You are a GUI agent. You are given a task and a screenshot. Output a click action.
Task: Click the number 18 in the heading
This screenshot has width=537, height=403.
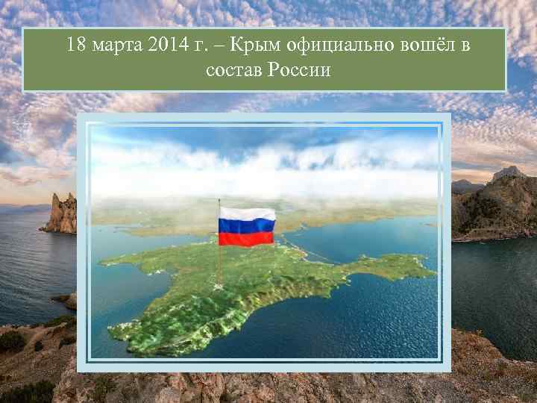pyautogui.click(x=75, y=46)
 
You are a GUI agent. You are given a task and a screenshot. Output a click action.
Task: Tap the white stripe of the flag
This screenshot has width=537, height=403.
pyautogui.click(x=246, y=213)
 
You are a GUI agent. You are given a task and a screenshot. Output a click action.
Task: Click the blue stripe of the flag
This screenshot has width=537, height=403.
pyautogui.click(x=246, y=225)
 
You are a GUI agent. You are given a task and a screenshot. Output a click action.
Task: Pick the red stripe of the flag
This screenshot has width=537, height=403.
pyautogui.click(x=246, y=238)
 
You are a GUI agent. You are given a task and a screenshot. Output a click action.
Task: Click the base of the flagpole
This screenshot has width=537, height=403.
pyautogui.click(x=219, y=288)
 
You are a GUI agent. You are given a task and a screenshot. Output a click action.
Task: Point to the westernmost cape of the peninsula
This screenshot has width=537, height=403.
pyautogui.click(x=102, y=263)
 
